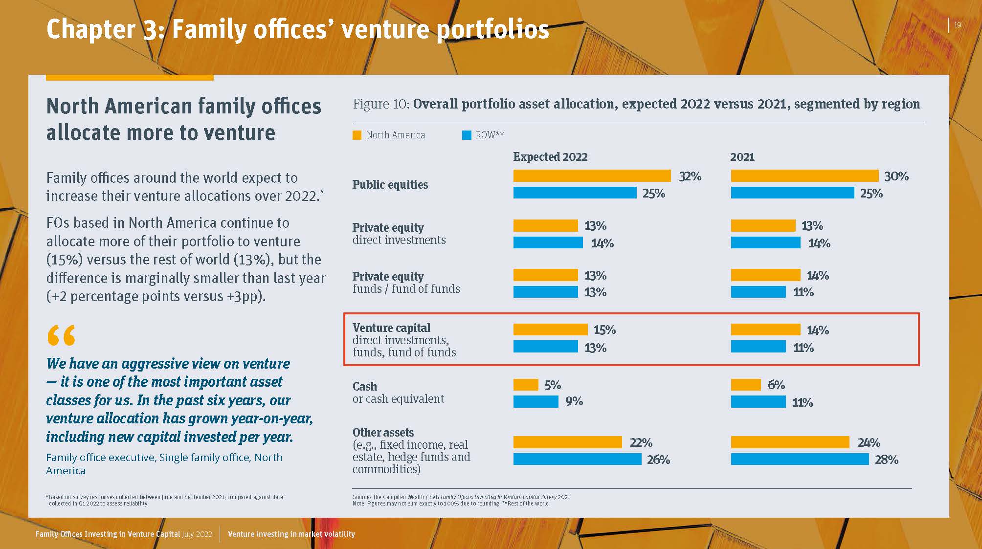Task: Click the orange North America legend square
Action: click(357, 135)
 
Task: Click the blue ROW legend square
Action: click(467, 135)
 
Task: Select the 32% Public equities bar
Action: click(592, 176)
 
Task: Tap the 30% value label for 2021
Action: click(896, 176)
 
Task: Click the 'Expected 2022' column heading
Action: click(550, 157)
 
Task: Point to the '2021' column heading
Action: click(742, 157)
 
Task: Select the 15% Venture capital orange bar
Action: click(550, 329)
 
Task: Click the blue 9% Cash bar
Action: click(536, 401)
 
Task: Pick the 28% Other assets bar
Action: click(800, 459)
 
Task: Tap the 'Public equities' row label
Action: click(390, 184)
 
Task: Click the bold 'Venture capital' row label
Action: click(391, 328)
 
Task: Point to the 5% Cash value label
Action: click(553, 385)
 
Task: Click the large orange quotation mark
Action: click(61, 335)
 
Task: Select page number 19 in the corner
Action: click(958, 25)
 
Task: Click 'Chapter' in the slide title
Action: click(91, 29)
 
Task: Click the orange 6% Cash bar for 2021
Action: click(746, 385)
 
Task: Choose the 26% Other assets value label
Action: click(658, 460)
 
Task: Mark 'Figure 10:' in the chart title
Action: click(380, 104)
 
